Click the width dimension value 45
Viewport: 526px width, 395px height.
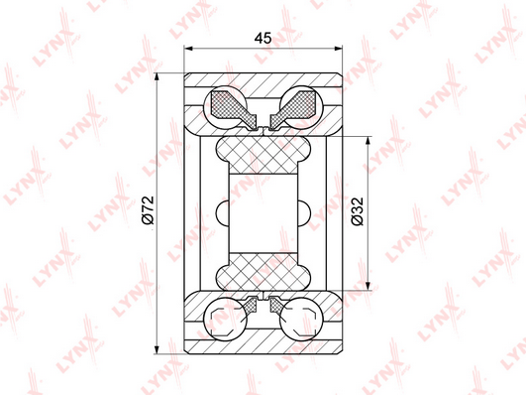(x=263, y=39)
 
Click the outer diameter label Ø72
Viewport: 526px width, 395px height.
(x=148, y=210)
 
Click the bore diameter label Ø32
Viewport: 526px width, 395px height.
(x=357, y=211)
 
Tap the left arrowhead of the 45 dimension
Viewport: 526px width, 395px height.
(x=189, y=49)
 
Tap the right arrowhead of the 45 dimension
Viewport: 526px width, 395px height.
(x=338, y=49)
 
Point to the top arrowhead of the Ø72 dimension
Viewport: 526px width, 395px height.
(x=157, y=78)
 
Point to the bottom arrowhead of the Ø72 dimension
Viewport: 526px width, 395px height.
(x=157, y=348)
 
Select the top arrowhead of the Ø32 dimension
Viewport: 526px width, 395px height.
(x=368, y=142)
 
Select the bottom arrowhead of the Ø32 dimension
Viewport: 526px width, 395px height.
(x=368, y=285)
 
